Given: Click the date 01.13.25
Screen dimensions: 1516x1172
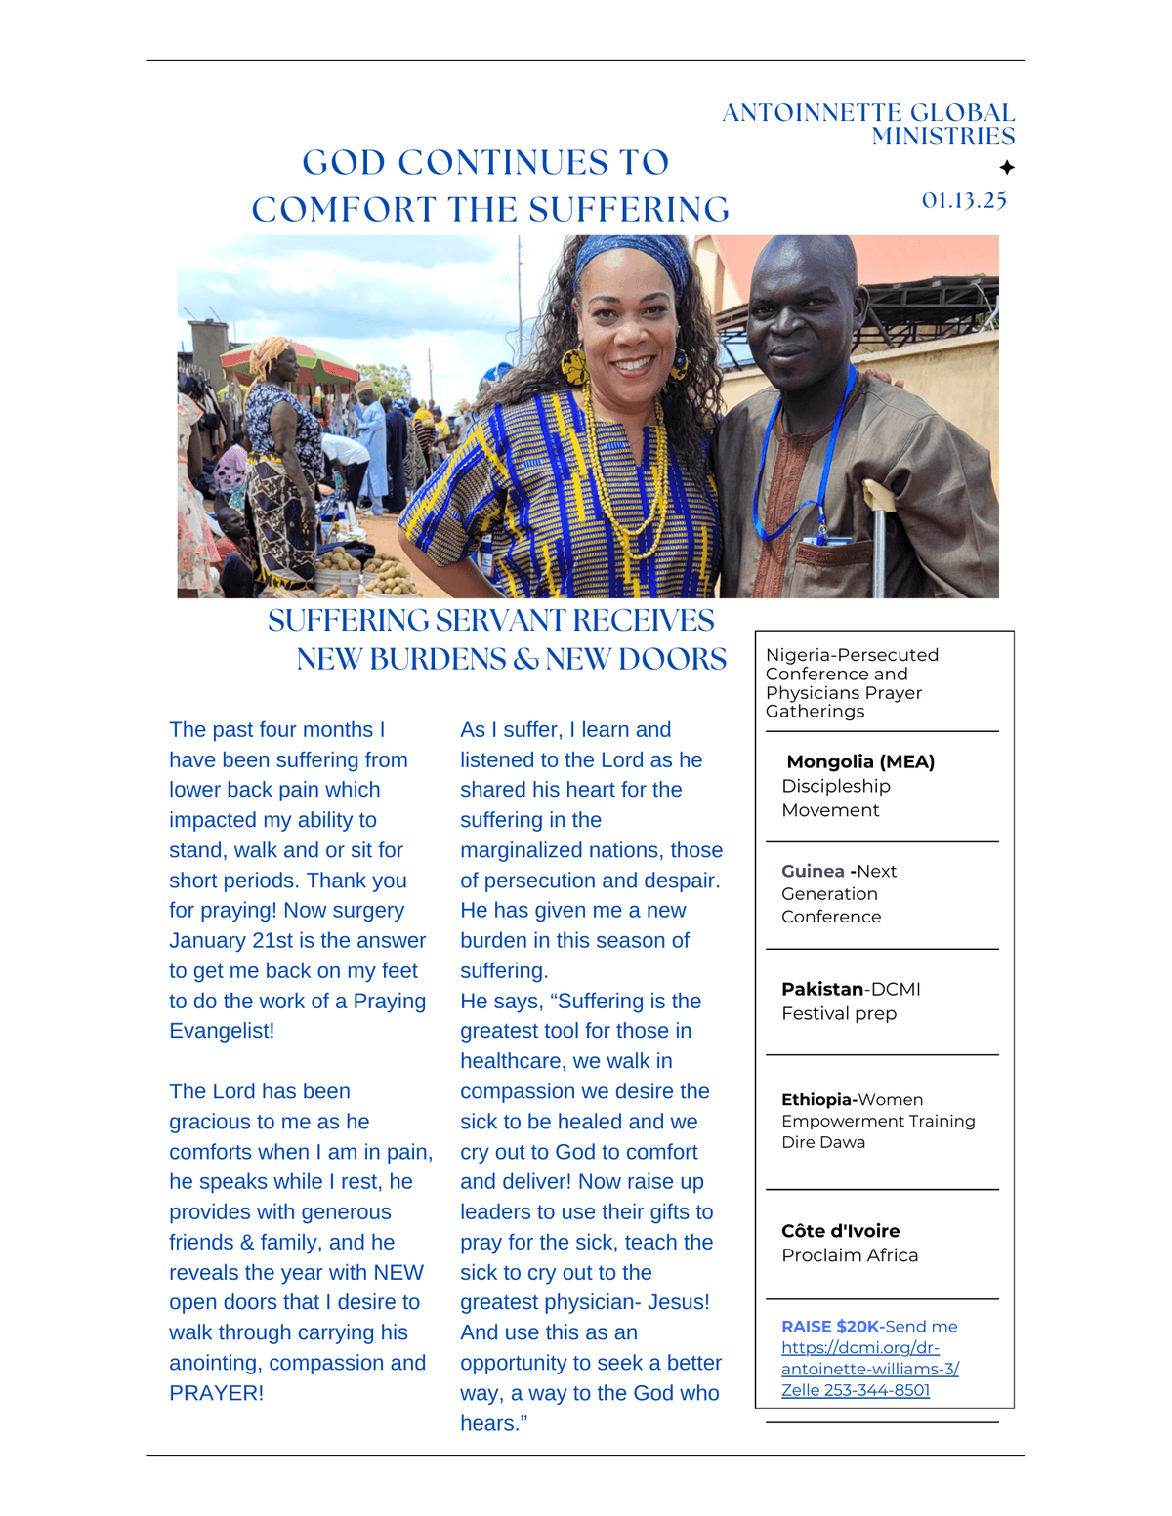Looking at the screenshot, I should tap(964, 200).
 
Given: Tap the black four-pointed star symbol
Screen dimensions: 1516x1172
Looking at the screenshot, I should tap(1007, 168).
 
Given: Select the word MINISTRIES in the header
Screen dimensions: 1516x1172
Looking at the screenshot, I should tap(943, 137).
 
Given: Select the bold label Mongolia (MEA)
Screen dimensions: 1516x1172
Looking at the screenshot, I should tap(860, 761).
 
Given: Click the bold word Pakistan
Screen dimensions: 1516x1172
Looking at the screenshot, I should tap(822, 989).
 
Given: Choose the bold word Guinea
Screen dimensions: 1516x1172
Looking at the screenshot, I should tap(813, 871).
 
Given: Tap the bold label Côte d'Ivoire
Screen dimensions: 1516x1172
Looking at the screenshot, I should tap(840, 1231).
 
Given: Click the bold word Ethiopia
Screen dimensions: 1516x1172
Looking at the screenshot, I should tap(817, 1099).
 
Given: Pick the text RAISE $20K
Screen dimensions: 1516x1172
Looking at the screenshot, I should tap(830, 1326).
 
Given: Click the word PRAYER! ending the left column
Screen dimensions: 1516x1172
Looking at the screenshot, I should tap(216, 1393).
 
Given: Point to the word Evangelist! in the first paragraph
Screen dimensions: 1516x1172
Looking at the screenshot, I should tap(222, 1031).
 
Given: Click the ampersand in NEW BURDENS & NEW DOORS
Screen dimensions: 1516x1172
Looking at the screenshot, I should tap(526, 660).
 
